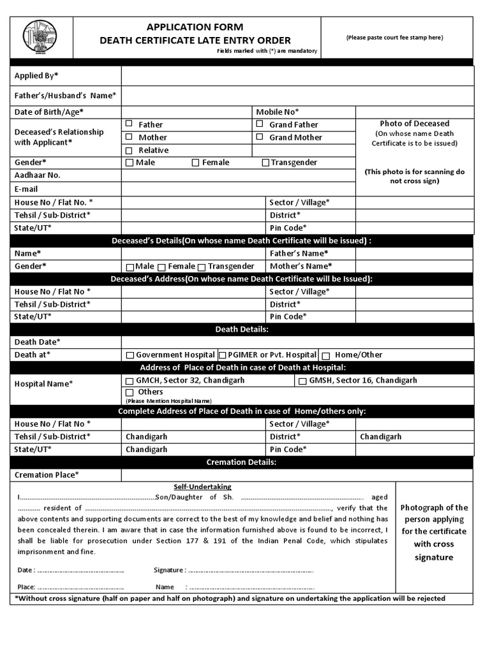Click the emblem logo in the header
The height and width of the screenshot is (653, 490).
pos(40,38)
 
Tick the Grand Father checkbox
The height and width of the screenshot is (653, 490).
pos(260,124)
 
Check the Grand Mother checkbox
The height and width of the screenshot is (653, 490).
pos(260,136)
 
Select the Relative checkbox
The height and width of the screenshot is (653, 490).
pos(129,150)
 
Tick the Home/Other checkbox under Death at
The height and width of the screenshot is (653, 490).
pos(325,355)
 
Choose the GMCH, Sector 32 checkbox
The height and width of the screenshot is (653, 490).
pos(130,381)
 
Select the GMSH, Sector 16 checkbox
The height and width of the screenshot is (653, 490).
pos(302,381)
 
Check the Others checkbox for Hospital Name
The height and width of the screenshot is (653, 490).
pos(130,392)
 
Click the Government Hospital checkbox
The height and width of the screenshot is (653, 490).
pos(130,355)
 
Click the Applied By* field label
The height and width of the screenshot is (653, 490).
pos(36,76)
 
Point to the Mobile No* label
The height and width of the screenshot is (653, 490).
pos(278,112)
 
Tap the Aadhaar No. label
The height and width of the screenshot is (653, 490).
pos(38,175)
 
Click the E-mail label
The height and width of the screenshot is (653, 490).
pos(26,189)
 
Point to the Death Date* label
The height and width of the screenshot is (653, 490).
pos(38,342)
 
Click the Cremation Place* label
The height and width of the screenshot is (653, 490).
pos(47,474)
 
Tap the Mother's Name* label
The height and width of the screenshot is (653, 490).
pos(301,266)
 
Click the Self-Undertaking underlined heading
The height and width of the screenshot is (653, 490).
pos(202,487)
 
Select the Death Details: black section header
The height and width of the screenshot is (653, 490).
pos(242,329)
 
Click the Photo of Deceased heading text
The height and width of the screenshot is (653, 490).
pos(414,123)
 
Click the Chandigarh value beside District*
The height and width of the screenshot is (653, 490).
pos(381,437)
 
